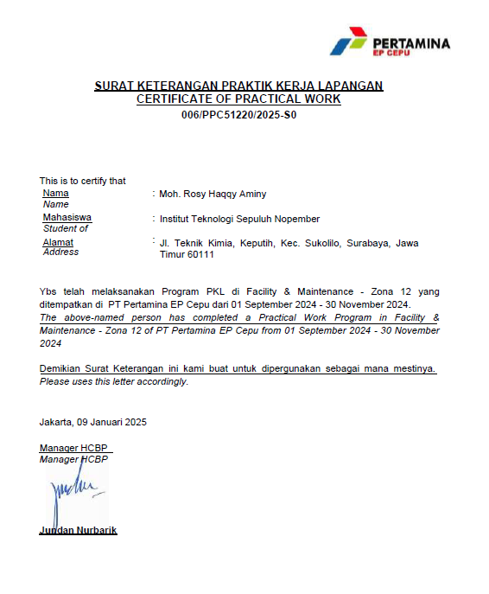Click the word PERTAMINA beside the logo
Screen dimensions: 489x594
410,42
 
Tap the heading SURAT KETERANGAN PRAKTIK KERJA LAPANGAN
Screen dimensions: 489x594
238,86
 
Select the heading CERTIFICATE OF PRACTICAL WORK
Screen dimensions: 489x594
238,99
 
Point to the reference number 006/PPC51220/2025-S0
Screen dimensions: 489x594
238,115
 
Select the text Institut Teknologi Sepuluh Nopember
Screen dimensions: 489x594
239,219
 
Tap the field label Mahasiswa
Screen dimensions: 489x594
67,218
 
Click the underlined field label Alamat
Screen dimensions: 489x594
58,243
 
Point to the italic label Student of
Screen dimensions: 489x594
66,228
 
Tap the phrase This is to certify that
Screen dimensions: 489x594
82,181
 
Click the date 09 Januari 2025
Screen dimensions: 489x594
111,422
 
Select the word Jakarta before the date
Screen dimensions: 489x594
55,422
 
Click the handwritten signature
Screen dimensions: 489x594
75,495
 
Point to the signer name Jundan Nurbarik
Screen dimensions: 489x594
78,530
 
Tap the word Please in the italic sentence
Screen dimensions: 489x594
54,381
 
